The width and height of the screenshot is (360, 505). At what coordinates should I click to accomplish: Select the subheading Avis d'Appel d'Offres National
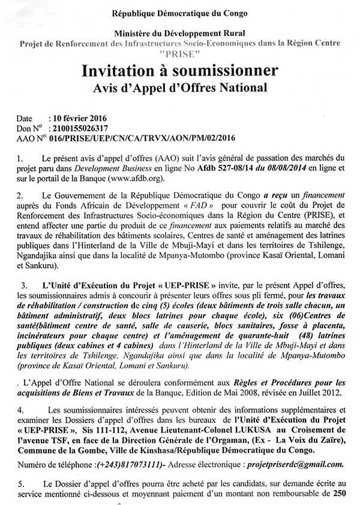180,90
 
